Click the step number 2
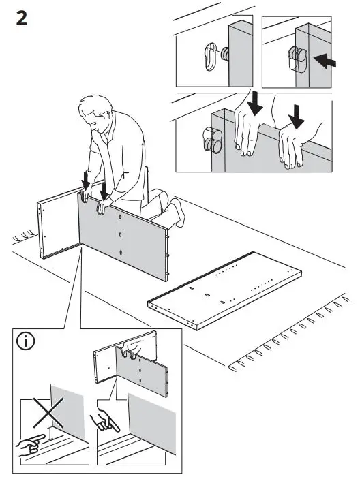pos(22,18)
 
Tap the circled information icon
pos(25,341)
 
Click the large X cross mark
pos(48,413)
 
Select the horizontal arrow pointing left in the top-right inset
pos(325,61)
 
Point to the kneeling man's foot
pos(178,213)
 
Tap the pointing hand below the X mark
pos(30,446)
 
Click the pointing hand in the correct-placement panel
pos(104,420)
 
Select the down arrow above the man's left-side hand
pos(86,181)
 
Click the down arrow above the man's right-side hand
pos(104,191)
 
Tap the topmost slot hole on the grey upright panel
pos(120,217)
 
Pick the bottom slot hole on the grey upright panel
pos(121,253)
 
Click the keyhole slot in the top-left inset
pos(211,57)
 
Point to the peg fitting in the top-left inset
pos(225,54)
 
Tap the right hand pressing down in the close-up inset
pos(292,147)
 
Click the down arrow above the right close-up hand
pos(297,117)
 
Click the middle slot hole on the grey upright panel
pos(120,235)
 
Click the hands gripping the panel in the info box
pos(129,352)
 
